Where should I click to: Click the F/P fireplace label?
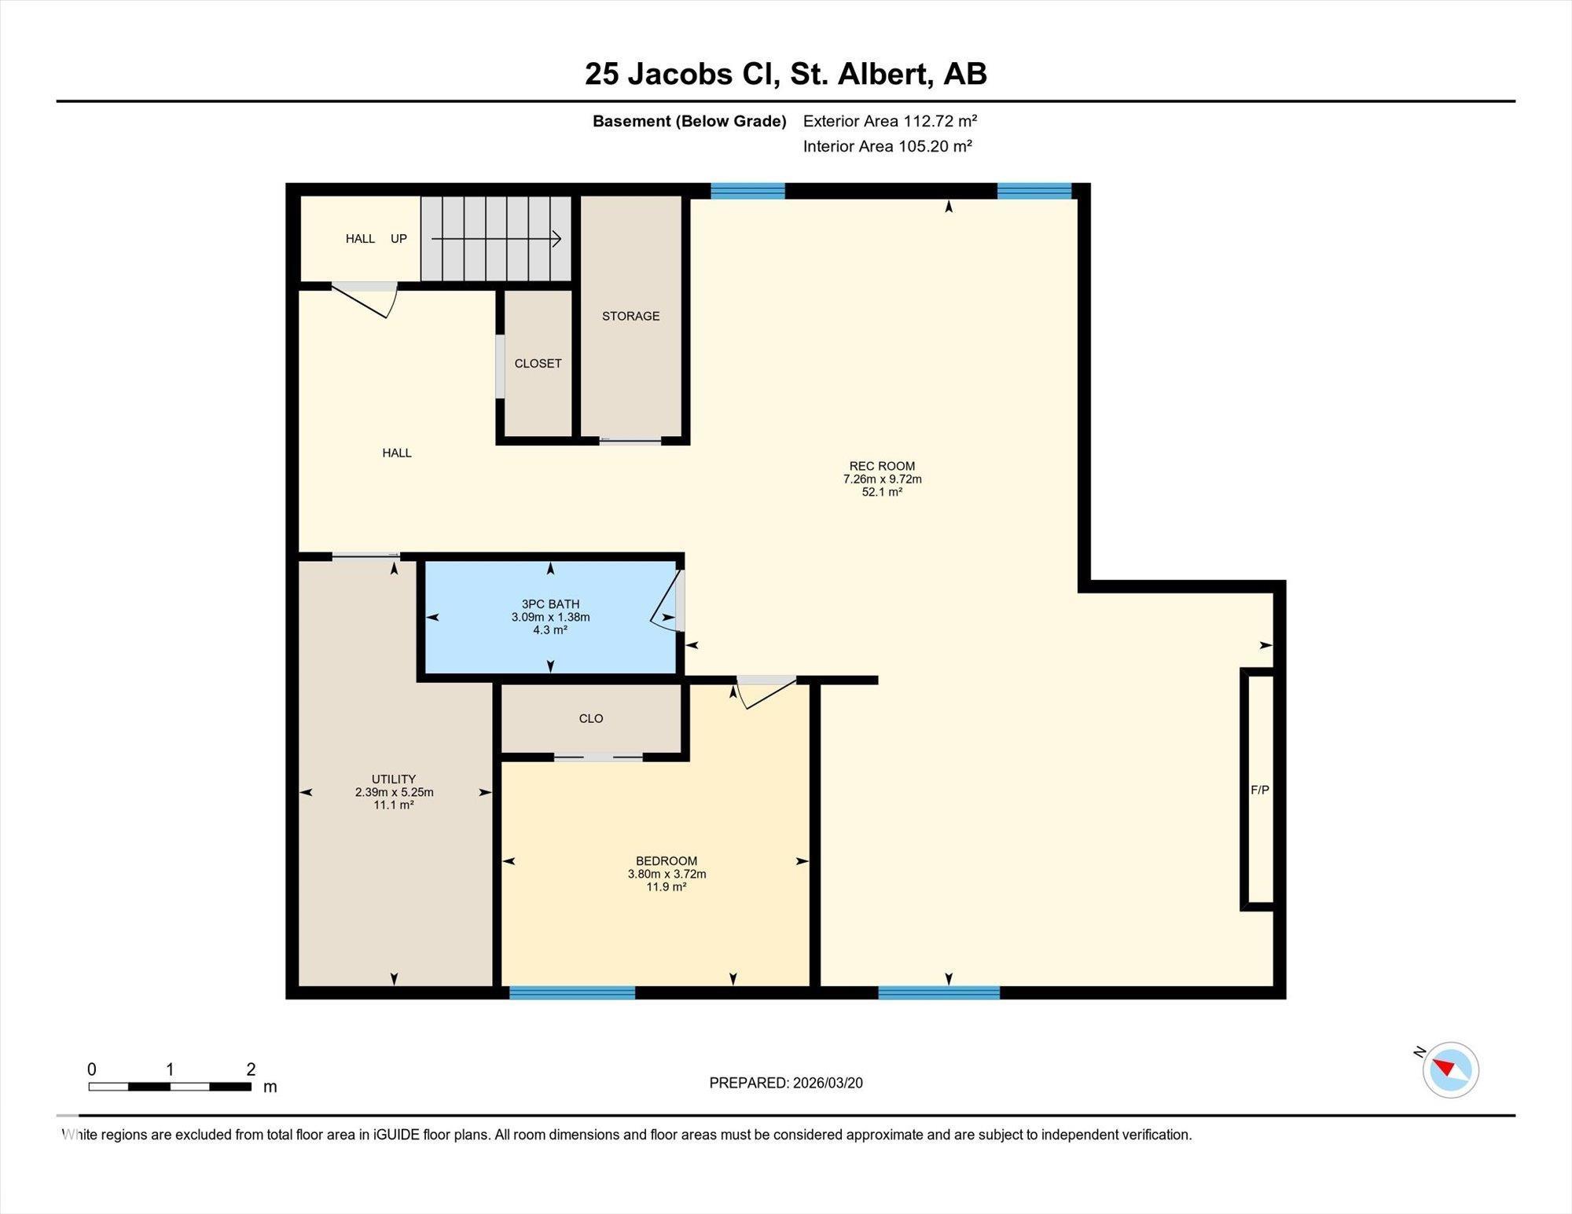tap(1260, 790)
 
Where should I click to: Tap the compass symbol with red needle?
tap(1450, 1069)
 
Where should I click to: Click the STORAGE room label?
tap(630, 316)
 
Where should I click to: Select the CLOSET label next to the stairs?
tap(538, 363)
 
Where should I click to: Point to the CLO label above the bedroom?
tap(591, 718)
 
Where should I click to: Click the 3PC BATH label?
tap(550, 604)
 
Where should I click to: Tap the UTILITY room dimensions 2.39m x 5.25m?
tap(394, 792)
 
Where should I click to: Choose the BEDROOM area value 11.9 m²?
tap(667, 886)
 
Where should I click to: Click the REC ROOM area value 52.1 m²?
tap(882, 492)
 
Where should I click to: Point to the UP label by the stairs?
tap(399, 238)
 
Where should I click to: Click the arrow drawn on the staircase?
tap(496, 239)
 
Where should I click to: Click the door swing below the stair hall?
tap(365, 301)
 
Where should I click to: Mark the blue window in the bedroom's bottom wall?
tap(572, 992)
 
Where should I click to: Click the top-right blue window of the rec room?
tap(1034, 191)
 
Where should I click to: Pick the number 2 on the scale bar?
tap(251, 1069)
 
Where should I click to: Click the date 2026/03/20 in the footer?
tap(828, 1083)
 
